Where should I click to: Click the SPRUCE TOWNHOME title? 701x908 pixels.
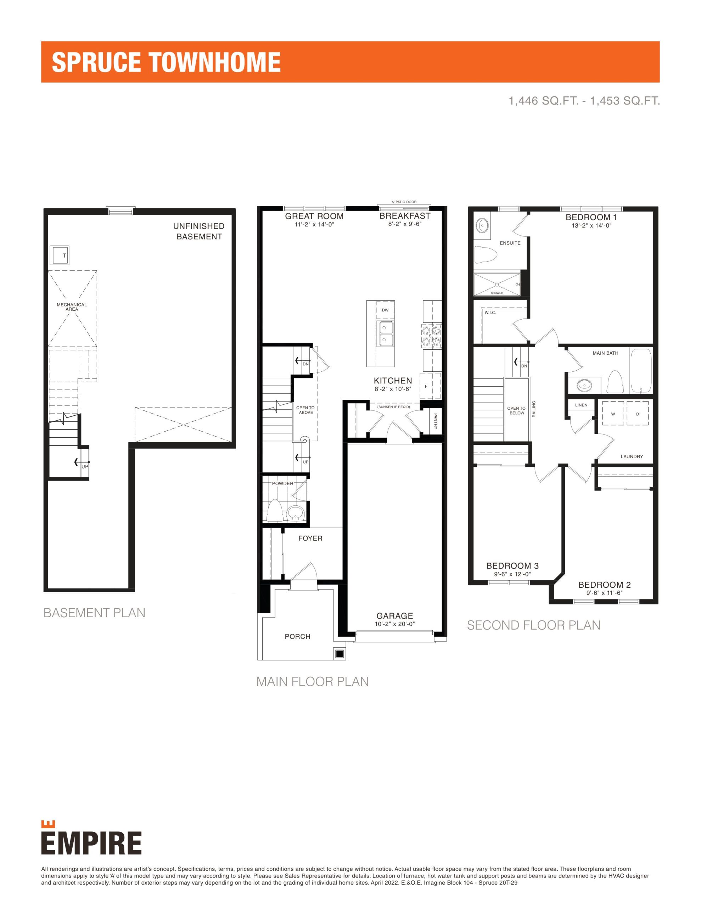tap(166, 62)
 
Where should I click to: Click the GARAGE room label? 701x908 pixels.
tap(395, 616)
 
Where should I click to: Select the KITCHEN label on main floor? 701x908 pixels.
tap(393, 381)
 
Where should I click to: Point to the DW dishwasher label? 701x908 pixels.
tap(385, 310)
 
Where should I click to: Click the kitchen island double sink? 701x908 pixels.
tap(386, 333)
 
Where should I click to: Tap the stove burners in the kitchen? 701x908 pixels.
tap(431, 336)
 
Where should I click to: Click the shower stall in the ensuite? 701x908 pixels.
tap(497, 284)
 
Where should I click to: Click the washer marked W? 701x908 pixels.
tap(613, 413)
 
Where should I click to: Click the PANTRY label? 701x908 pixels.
tap(436, 421)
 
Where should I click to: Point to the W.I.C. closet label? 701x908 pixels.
tap(490, 312)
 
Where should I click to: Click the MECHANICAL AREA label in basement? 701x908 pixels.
tap(72, 307)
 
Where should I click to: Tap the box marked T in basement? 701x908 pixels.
tap(60, 255)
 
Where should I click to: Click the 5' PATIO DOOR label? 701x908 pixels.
tap(404, 202)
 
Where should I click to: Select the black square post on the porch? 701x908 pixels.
tap(339, 654)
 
